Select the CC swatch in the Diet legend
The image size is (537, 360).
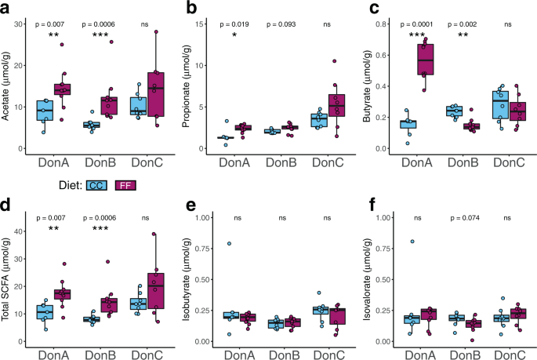point(97,186)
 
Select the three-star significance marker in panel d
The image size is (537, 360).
point(100,233)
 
